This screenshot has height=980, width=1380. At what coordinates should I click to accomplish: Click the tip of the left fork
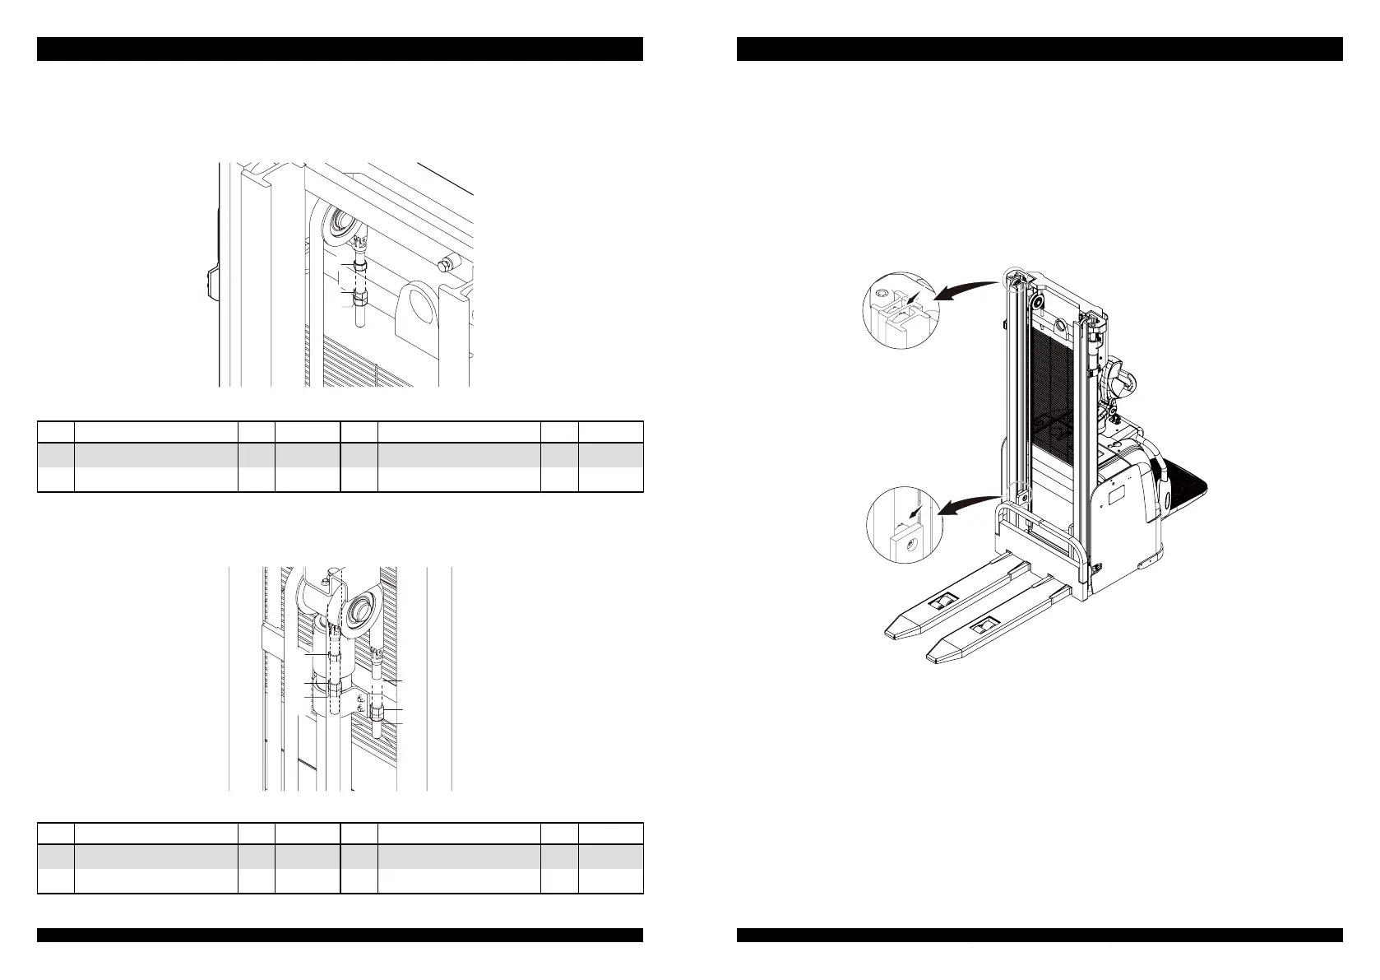(x=891, y=633)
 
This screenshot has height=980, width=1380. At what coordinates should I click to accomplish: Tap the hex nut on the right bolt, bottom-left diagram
(x=377, y=710)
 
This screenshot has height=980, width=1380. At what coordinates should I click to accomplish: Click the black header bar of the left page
(x=340, y=49)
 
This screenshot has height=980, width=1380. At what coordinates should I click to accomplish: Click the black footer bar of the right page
(x=1040, y=935)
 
